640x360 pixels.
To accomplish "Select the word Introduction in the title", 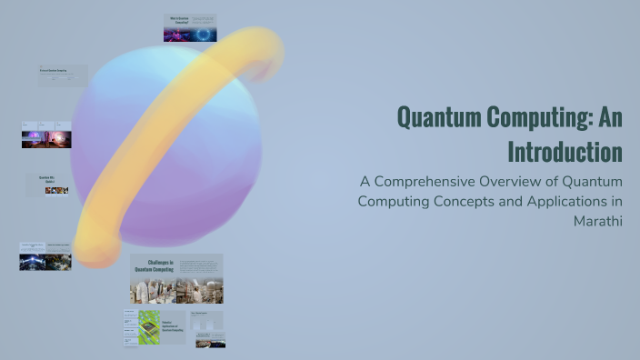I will [565, 149].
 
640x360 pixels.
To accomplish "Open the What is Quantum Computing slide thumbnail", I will [190, 28].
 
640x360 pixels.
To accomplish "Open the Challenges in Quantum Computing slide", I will [176, 278].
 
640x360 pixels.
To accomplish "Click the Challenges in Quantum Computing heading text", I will [154, 266].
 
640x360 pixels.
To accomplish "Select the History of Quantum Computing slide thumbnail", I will [63, 75].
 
